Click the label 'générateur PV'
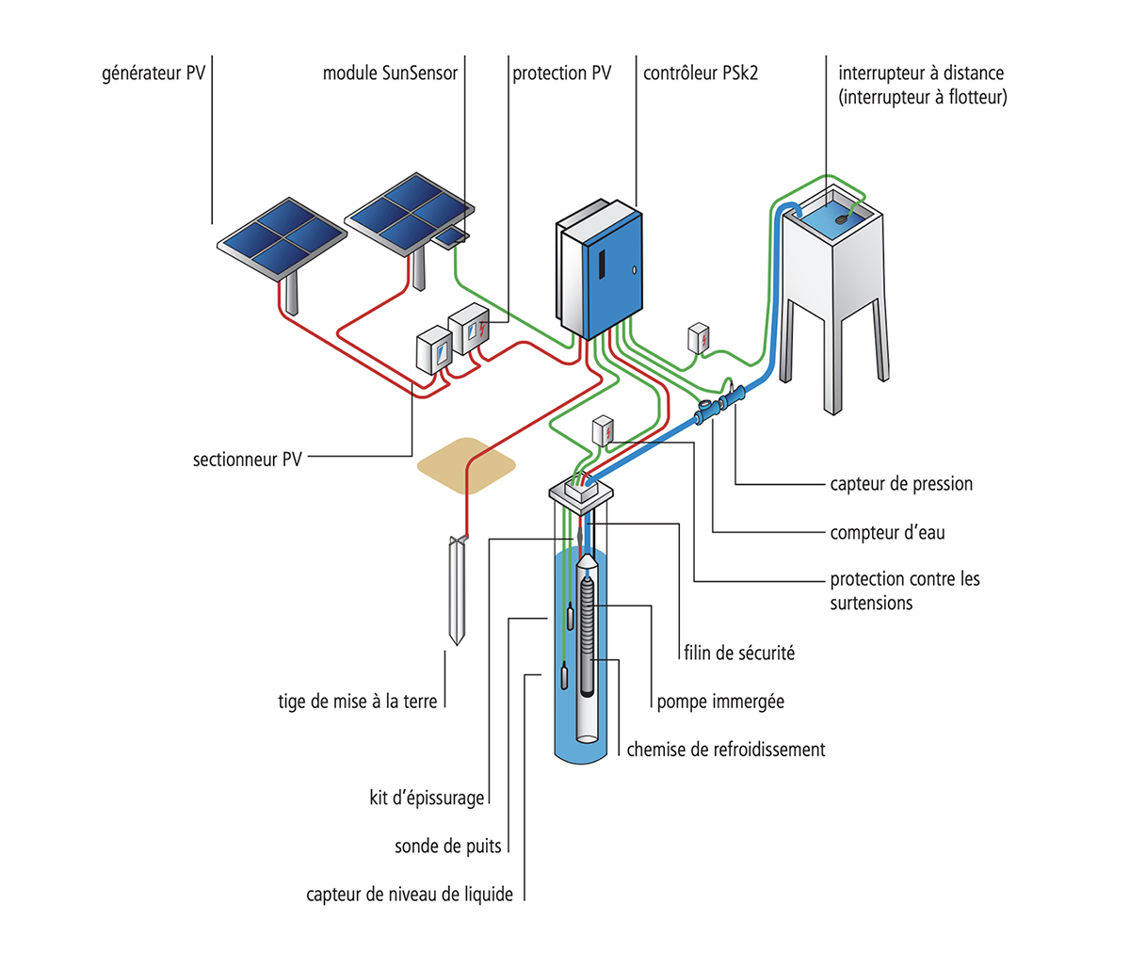[x=153, y=73]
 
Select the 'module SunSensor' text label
[x=390, y=73]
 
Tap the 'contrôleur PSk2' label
[x=701, y=73]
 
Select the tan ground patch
[x=467, y=466]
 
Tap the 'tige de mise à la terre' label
[x=358, y=702]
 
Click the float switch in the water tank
[x=842, y=217]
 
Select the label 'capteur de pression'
[x=901, y=484]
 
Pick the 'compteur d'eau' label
[x=887, y=533]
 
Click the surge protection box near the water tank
[x=698, y=337]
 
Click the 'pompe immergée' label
[x=720, y=702]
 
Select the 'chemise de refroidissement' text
[x=726, y=750]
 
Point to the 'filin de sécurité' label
[x=739, y=653]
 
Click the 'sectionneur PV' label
[x=248, y=460]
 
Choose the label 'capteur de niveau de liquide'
[x=410, y=895]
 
